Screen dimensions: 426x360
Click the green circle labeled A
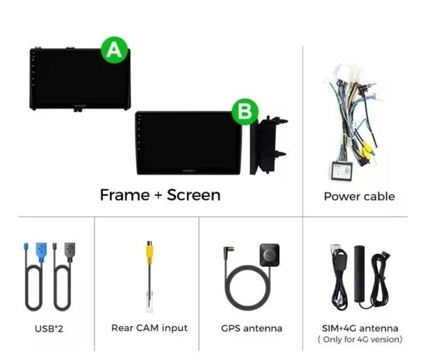pyautogui.click(x=114, y=50)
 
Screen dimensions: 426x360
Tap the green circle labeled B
pyautogui.click(x=245, y=111)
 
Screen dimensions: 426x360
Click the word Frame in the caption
pyautogui.click(x=125, y=195)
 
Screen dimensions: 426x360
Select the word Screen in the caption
pyautogui.click(x=193, y=195)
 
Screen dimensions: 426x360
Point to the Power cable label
pyautogui.click(x=359, y=197)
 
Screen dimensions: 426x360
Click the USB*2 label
pyautogui.click(x=49, y=329)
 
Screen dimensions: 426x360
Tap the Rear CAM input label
pyautogui.click(x=149, y=328)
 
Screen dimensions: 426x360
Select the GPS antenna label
pyautogui.click(x=251, y=328)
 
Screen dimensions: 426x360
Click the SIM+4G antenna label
pyautogui.click(x=360, y=328)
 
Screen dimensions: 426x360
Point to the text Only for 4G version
pyautogui.click(x=360, y=339)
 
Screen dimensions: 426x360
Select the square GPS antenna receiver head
pyautogui.click(x=270, y=255)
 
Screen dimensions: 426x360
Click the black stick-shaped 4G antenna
pyautogui.click(x=360, y=274)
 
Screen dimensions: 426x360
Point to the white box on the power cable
pyautogui.click(x=341, y=170)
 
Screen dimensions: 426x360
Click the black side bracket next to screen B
pyautogui.click(x=268, y=146)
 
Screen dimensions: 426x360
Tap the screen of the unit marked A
pyautogui.click(x=80, y=79)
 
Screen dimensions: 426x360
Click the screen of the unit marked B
pyautogui.click(x=188, y=143)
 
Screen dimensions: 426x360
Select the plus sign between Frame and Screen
pyautogui.click(x=158, y=195)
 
